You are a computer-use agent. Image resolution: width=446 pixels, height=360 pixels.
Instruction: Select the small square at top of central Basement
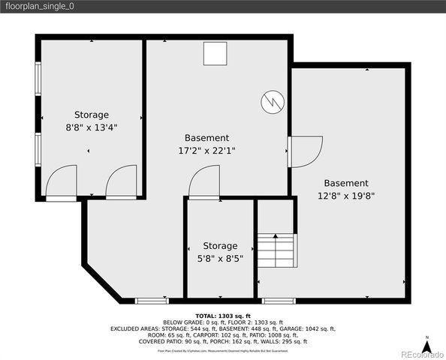tap(215, 54)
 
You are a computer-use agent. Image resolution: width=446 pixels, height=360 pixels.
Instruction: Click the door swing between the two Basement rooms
tap(305, 151)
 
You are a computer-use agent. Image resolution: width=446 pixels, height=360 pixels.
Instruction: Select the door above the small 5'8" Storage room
tap(203, 183)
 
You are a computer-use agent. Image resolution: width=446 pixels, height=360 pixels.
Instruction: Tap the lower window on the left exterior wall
tap(38, 148)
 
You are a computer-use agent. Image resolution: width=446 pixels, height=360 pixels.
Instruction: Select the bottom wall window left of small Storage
tap(152, 301)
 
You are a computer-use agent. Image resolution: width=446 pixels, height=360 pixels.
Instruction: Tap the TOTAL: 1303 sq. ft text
tap(222, 316)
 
